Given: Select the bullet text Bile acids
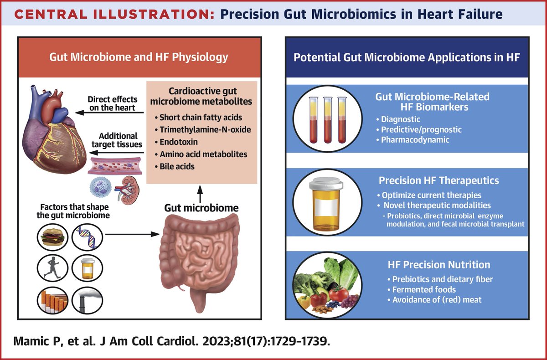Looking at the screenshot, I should [x=177, y=166].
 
